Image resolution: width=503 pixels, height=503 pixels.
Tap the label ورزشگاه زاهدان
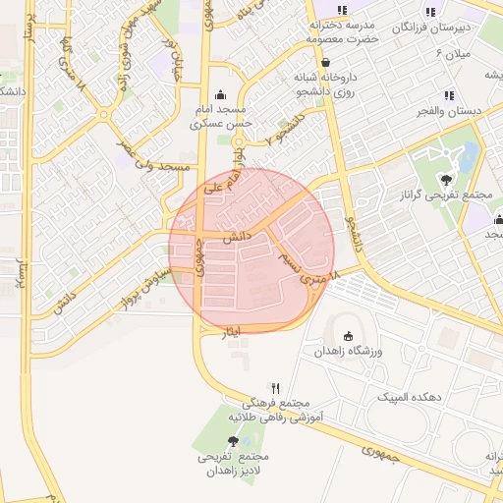(x=353, y=351)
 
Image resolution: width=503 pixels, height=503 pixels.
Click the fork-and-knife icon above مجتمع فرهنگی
(x=276, y=388)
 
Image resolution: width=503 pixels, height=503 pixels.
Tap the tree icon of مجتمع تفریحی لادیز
(x=233, y=441)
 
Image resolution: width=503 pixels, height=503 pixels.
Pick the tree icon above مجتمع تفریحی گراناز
(x=447, y=179)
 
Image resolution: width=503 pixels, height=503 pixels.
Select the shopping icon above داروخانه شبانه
(x=325, y=61)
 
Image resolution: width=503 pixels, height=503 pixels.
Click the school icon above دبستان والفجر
(x=448, y=95)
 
